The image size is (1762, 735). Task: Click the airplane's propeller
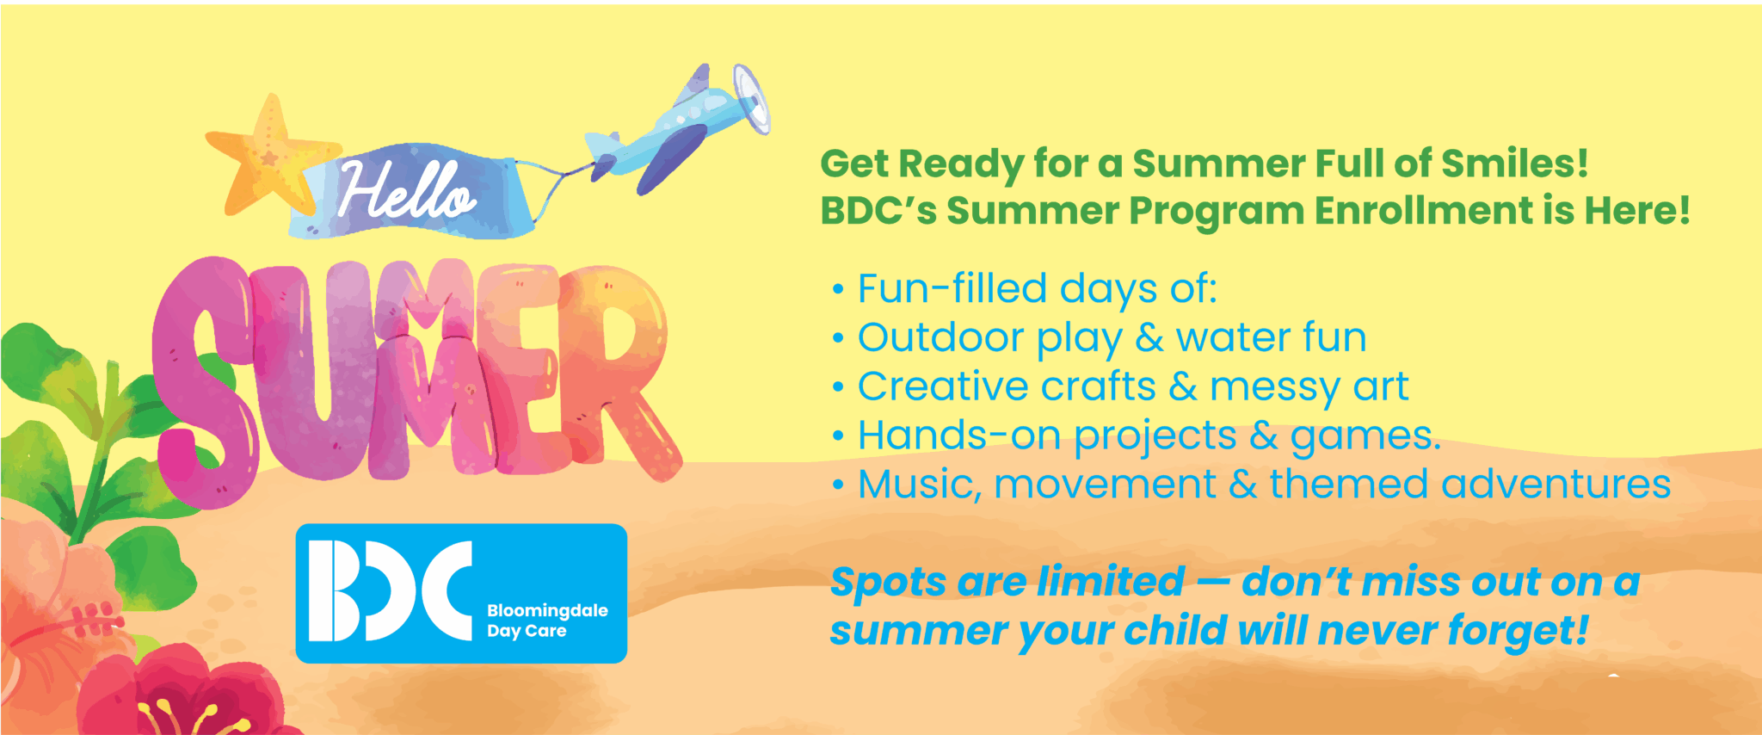tap(751, 98)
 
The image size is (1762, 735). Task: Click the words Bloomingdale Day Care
tap(547, 621)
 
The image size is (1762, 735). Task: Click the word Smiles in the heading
tap(1515, 164)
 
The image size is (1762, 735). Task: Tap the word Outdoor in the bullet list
tap(941, 337)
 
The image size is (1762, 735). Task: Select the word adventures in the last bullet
tap(1556, 485)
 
